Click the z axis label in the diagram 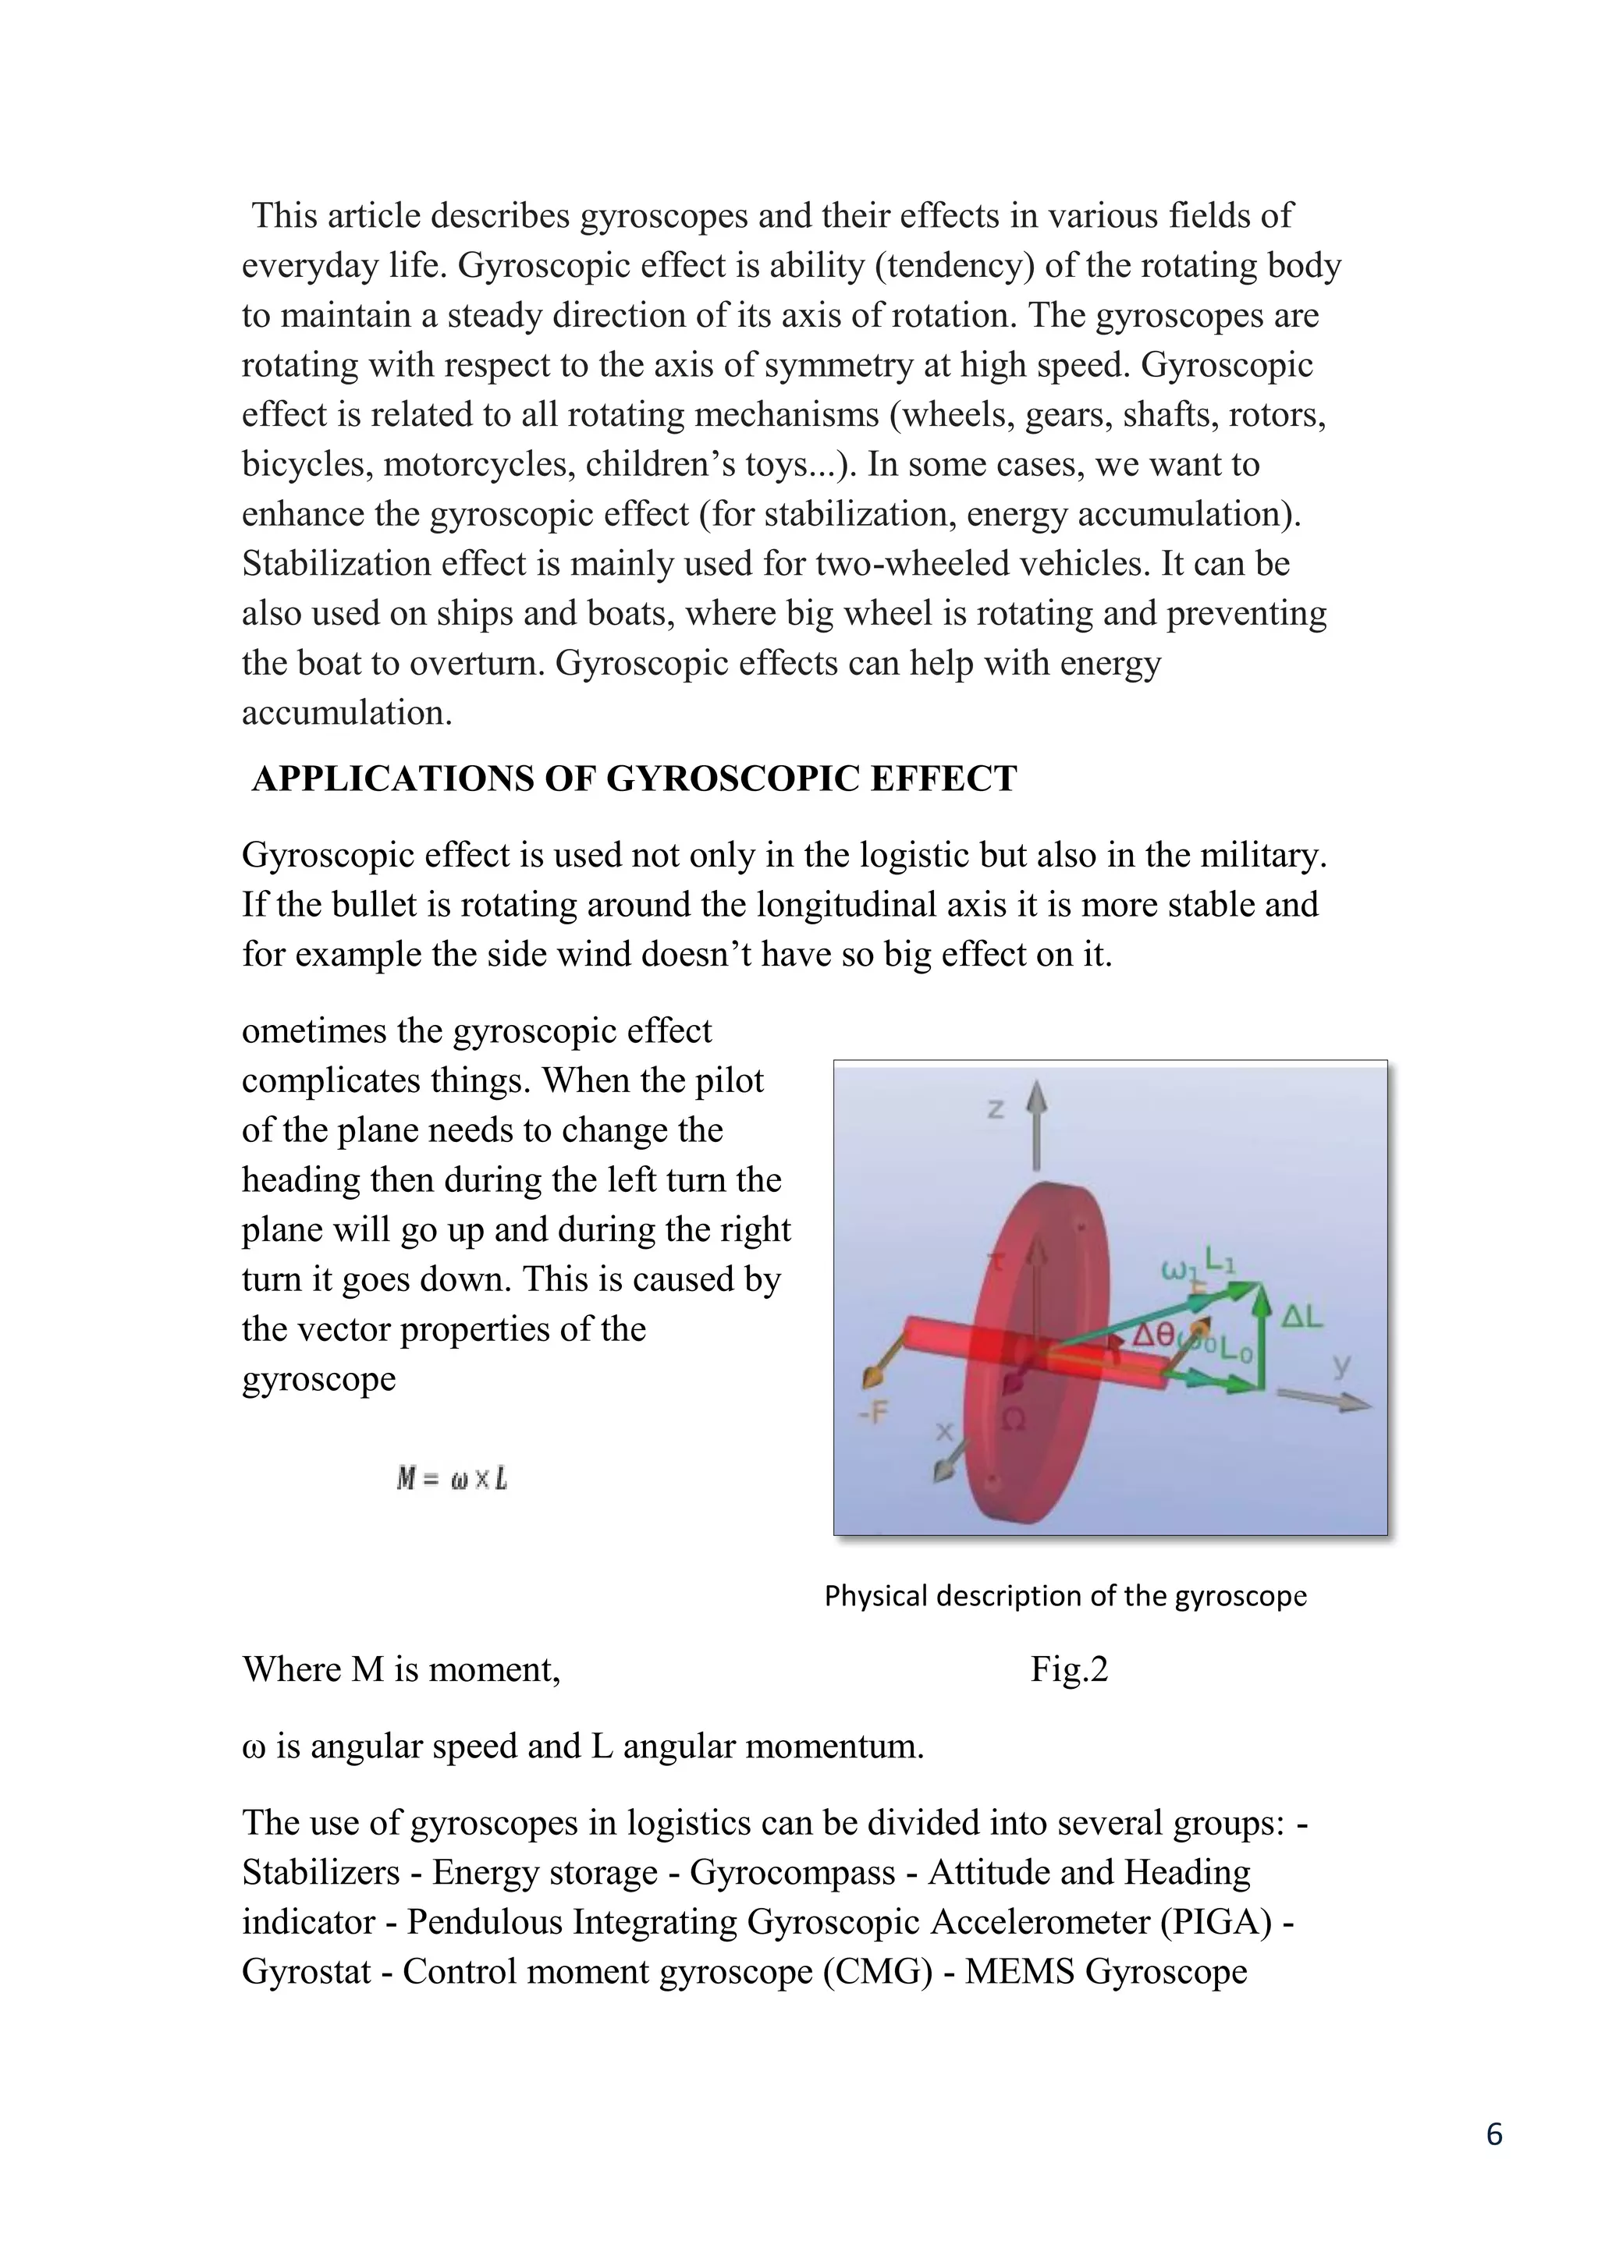pyautogui.click(x=996, y=1109)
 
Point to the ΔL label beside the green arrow pyautogui.click(x=1301, y=1317)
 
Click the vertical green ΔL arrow pyautogui.click(x=1262, y=1338)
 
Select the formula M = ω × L pyautogui.click(x=452, y=1479)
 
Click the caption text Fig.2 pyautogui.click(x=1069, y=1669)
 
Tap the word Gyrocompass pyautogui.click(x=792, y=1871)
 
